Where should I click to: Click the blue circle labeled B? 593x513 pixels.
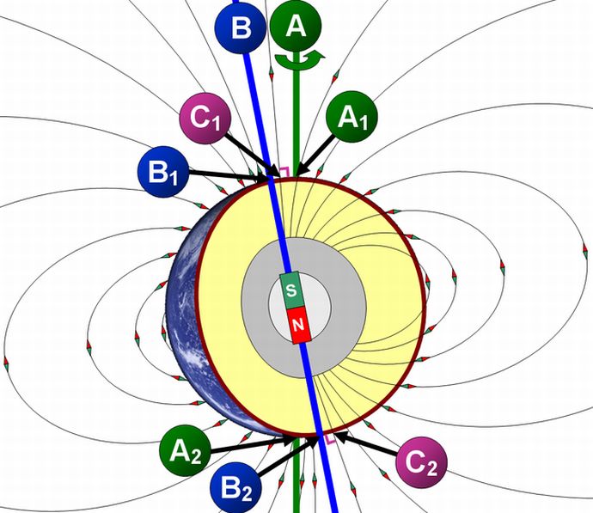tap(241, 27)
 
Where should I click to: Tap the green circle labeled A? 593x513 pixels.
tap(296, 26)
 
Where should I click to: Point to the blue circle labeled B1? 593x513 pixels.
tap(162, 170)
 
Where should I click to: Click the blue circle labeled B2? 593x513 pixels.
tap(239, 486)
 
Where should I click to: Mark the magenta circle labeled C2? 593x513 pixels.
tap(422, 464)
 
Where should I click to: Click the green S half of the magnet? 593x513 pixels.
tap(291, 290)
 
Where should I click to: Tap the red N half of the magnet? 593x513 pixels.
tap(298, 324)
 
